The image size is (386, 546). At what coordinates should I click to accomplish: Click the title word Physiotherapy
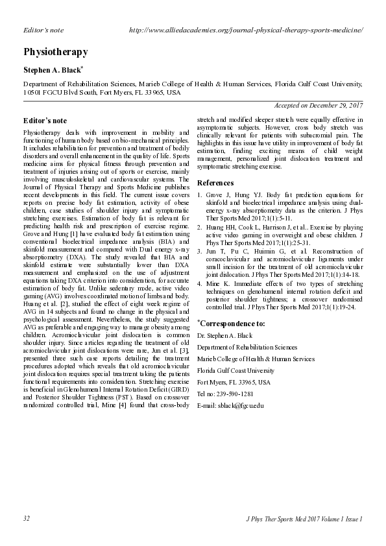55,51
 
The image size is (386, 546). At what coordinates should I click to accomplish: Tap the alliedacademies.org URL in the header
246,30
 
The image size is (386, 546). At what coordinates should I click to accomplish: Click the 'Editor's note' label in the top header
43,30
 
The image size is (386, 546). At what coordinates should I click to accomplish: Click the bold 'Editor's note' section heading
45,121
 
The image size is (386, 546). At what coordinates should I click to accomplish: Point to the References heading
215,183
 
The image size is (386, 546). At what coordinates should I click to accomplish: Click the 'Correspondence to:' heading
233,322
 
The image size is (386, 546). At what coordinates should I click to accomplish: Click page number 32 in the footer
27,519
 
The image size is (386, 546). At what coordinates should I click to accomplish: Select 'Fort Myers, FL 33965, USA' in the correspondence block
234,382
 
